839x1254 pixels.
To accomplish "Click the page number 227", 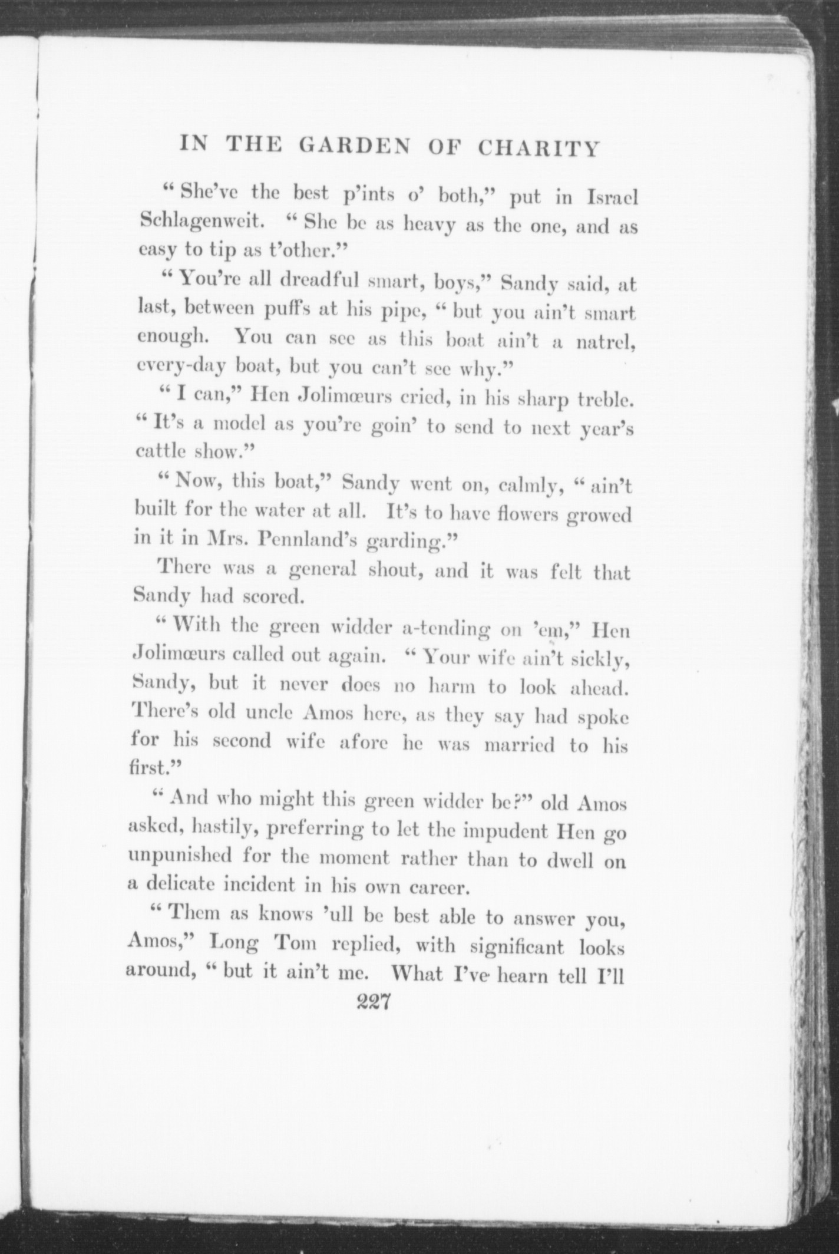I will pyautogui.click(x=374, y=1002).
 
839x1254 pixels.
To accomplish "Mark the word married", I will pyautogui.click(x=519, y=745).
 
